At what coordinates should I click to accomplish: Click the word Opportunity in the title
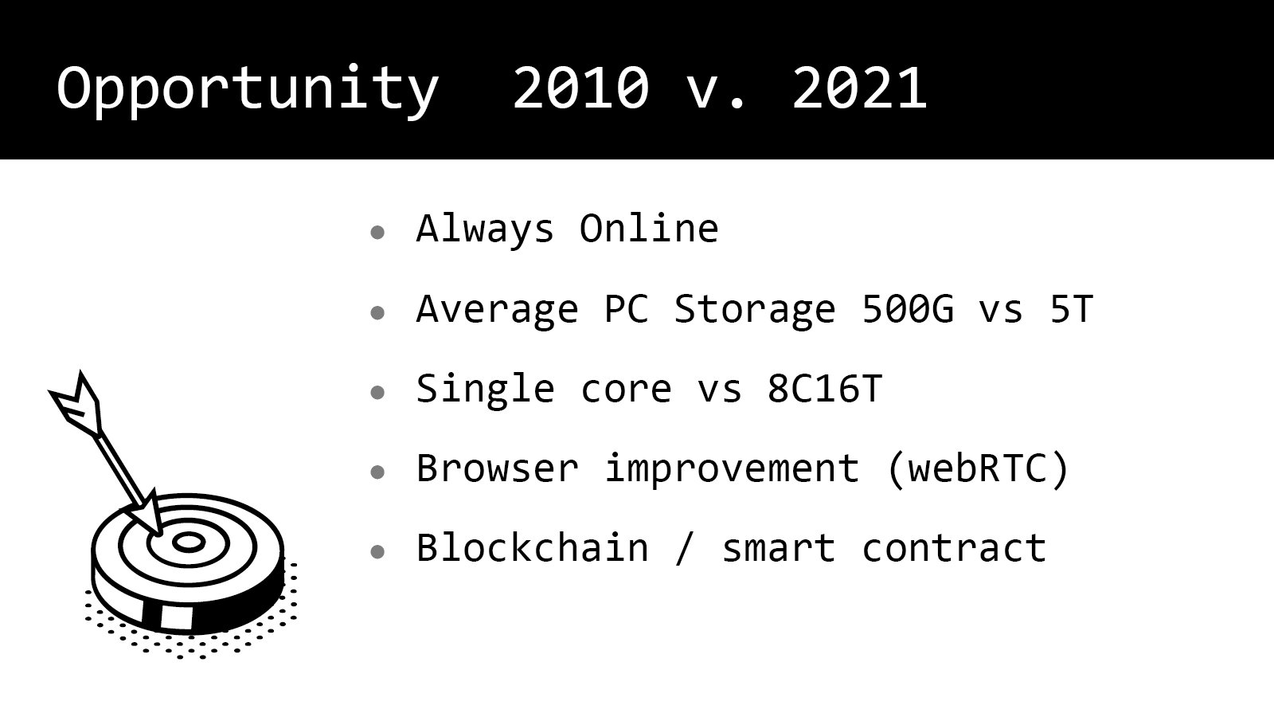pos(248,91)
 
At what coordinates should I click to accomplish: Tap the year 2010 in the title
pos(580,88)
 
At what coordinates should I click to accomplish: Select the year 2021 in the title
pos(859,88)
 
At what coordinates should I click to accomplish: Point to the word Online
pos(649,229)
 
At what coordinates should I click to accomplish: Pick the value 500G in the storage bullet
pos(908,309)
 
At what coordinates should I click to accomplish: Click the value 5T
pos(1072,309)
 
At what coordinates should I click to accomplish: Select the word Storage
pos(755,311)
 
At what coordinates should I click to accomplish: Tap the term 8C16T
pos(825,389)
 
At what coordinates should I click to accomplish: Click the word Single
pos(485,391)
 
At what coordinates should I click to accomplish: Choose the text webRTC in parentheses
pos(978,469)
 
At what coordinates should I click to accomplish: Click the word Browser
pos(498,469)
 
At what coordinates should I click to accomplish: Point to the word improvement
pos(732,471)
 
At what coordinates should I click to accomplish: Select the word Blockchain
pos(533,547)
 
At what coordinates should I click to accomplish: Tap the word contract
pos(954,549)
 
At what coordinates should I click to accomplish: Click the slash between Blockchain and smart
pos(684,549)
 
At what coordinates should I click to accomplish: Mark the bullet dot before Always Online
pos(377,232)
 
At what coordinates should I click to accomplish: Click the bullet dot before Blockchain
pos(377,551)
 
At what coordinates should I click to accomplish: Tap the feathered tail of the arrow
pos(76,405)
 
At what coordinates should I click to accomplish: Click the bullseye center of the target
pos(188,543)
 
